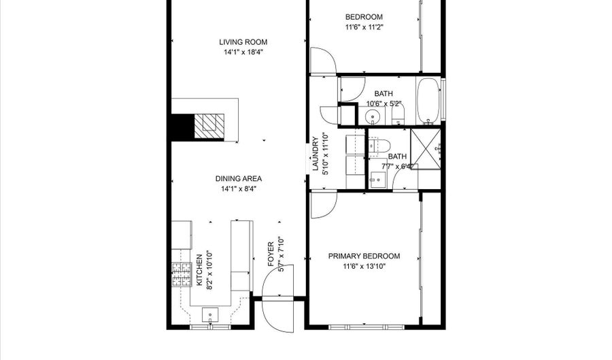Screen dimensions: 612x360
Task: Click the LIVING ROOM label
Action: click(243, 42)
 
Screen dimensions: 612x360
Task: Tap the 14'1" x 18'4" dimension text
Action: click(243, 52)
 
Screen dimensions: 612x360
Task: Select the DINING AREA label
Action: click(239, 179)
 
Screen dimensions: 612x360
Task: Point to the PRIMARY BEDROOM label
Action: click(364, 256)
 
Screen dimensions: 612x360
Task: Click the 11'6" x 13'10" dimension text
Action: click(364, 267)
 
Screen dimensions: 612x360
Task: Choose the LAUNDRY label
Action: click(316, 154)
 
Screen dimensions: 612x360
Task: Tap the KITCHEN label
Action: click(199, 270)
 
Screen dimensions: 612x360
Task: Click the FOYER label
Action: click(271, 255)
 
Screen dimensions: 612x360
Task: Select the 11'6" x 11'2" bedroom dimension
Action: click(364, 27)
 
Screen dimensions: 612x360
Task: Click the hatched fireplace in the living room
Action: click(209, 126)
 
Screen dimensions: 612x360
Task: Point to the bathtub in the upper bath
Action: click(428, 101)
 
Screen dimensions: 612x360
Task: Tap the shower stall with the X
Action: click(426, 149)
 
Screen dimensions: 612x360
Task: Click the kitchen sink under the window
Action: click(210, 314)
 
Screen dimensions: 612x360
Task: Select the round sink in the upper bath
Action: click(372, 116)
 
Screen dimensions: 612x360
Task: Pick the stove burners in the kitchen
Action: click(182, 275)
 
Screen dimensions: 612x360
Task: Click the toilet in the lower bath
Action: click(379, 146)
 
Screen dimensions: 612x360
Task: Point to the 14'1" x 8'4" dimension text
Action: click(239, 189)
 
